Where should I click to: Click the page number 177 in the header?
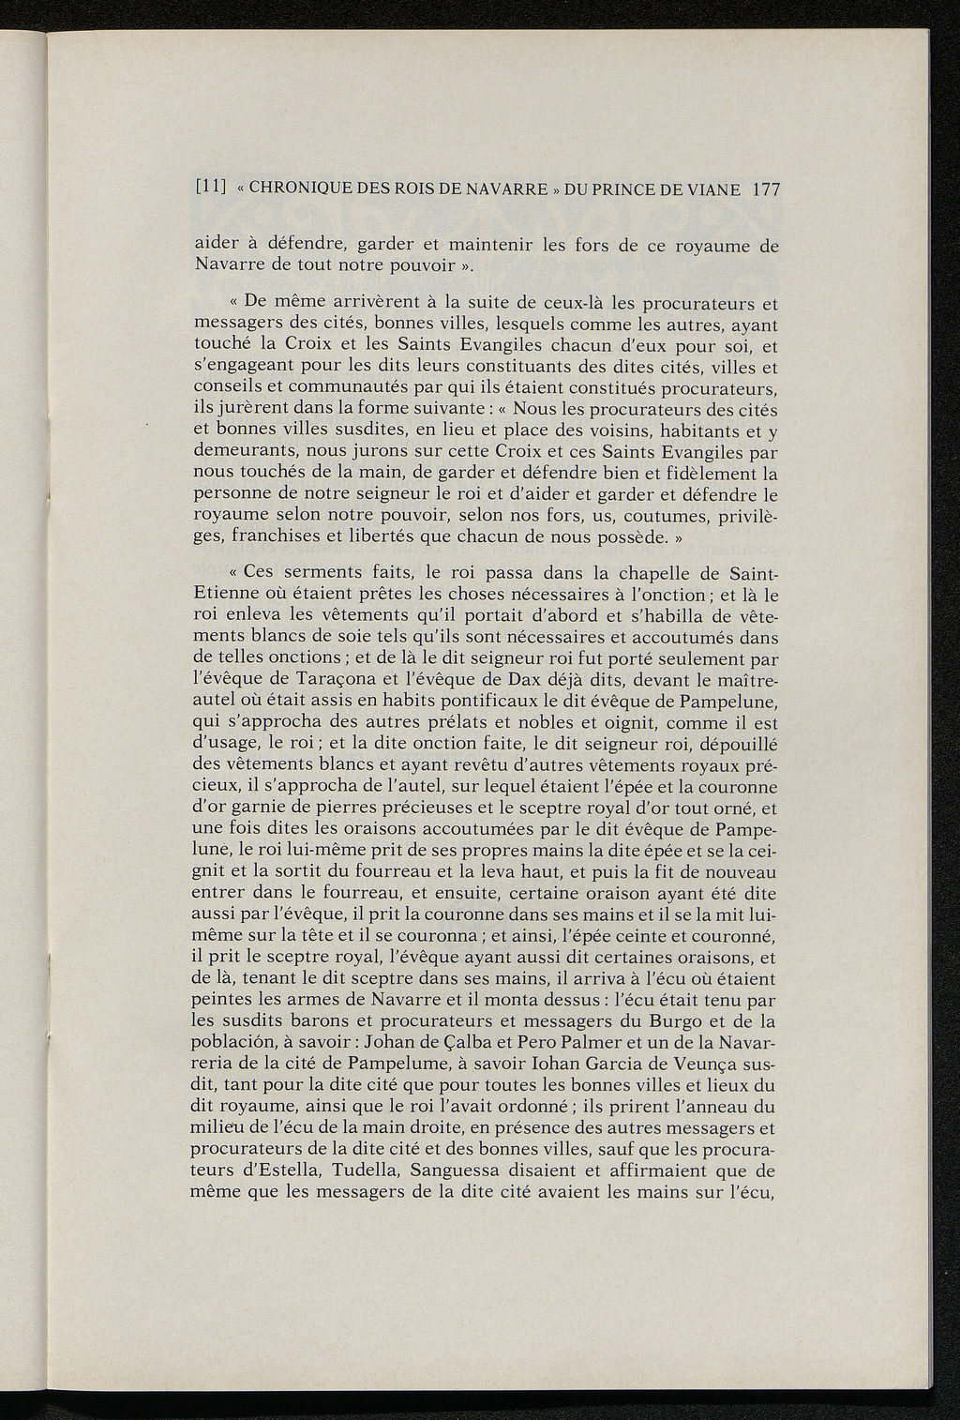[x=766, y=189]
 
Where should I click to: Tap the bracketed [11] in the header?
[x=207, y=189]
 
